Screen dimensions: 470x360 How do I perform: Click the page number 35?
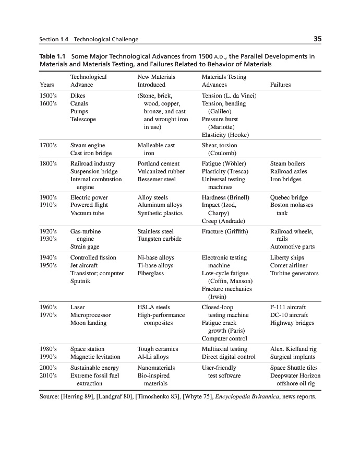point(317,39)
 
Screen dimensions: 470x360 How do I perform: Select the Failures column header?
point(281,85)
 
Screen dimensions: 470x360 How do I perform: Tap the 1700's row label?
point(49,145)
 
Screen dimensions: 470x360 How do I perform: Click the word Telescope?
point(83,119)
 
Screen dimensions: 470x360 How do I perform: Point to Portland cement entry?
point(158,163)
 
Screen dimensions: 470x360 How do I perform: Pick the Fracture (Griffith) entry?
point(224,231)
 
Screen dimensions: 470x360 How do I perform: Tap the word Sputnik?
point(80,281)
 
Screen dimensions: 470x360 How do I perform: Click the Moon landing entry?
point(88,323)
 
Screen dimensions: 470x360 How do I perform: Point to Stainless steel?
point(155,231)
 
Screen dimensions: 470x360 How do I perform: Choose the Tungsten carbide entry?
point(160,239)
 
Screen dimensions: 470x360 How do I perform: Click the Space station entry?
point(87,349)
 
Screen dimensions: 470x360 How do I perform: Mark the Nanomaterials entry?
point(156,368)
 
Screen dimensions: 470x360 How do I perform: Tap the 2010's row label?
point(49,375)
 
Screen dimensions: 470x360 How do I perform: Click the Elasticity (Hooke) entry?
point(225,135)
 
